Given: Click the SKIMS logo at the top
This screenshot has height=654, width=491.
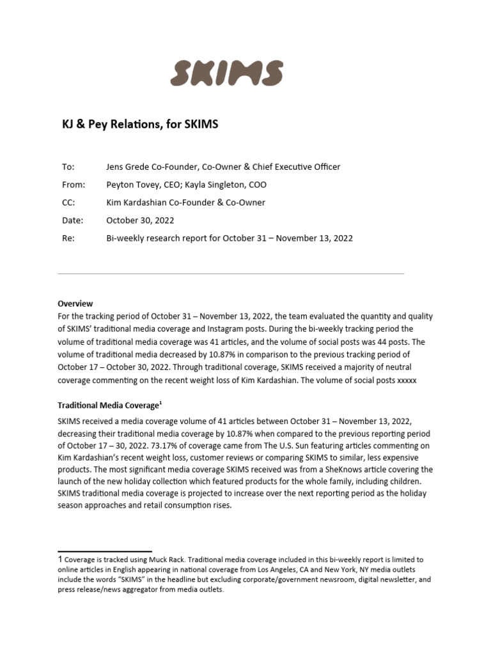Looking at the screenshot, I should pos(227,73).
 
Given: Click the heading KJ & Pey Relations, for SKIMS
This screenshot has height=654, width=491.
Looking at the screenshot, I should pos(140,124).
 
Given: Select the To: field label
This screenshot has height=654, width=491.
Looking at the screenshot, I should pos(68,167).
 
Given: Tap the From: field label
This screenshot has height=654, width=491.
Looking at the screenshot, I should pos(73,185).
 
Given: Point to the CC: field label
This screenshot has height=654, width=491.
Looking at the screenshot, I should pos(68,202).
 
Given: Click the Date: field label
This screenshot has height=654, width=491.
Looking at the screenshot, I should pos(72,220).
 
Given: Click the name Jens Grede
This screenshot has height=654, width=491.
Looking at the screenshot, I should pos(129,167).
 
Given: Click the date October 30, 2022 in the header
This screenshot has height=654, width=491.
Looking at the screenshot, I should pos(140,220).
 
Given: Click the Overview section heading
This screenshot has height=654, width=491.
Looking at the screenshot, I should pos(75,303).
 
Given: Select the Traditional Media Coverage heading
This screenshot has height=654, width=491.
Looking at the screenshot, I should pos(107,406).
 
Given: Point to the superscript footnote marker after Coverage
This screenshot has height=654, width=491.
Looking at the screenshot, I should pos(159,402).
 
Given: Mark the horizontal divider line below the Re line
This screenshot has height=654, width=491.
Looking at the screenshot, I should pos(231,274).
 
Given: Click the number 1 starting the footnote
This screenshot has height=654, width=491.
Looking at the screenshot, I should pos(60,559).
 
